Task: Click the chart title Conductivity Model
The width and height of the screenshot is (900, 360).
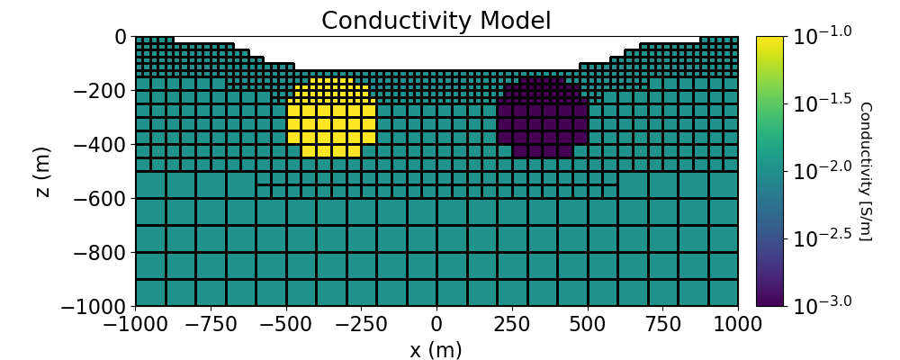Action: pyautogui.click(x=436, y=20)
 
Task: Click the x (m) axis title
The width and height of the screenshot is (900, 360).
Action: pyautogui.click(x=436, y=349)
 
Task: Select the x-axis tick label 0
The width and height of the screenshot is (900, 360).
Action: pyautogui.click(x=436, y=322)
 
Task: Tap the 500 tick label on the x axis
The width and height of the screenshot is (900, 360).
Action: pyautogui.click(x=587, y=322)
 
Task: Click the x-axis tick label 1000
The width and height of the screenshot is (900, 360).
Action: pyautogui.click(x=738, y=322)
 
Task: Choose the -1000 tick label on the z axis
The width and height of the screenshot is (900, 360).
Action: pyautogui.click(x=92, y=307)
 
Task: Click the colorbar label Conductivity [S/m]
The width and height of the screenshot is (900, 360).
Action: pyautogui.click(x=865, y=171)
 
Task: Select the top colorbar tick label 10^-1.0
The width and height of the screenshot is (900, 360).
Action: pyautogui.click(x=822, y=36)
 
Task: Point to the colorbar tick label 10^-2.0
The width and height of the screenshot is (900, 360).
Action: pyautogui.click(x=822, y=171)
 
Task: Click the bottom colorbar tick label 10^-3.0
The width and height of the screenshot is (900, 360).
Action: pyautogui.click(x=822, y=306)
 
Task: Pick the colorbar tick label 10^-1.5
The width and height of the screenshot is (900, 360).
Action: pyautogui.click(x=822, y=103)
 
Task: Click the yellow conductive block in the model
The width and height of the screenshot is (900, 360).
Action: pyautogui.click(x=331, y=117)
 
